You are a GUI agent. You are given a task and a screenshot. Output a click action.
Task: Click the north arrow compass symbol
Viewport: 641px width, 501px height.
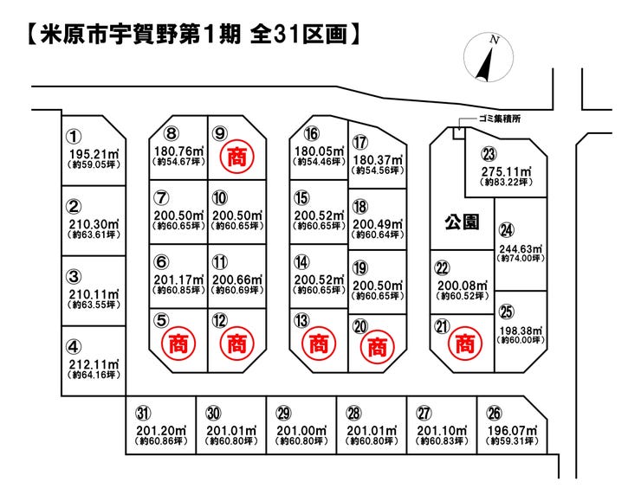488,57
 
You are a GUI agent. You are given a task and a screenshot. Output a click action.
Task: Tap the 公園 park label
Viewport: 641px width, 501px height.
462,222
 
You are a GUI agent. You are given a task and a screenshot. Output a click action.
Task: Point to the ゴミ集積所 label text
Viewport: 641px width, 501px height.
500,119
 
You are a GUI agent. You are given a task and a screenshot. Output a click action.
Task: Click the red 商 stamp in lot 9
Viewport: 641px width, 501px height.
237,157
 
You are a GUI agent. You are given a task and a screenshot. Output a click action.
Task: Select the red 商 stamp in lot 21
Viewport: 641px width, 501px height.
465,344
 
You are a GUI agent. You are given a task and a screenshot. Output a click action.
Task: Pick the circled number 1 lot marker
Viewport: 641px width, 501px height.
74,137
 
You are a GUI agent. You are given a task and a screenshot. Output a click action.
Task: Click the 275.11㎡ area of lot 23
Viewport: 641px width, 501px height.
507,171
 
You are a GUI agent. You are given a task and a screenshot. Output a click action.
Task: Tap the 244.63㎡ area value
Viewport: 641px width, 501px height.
521,249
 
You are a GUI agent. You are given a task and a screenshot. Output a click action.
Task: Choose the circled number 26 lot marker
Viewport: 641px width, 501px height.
495,414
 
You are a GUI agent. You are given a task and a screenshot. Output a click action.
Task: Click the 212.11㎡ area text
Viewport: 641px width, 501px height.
94,364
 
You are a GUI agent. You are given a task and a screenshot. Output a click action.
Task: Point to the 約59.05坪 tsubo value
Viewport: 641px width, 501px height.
94,164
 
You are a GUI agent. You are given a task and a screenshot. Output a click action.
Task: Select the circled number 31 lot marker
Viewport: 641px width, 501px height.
143,414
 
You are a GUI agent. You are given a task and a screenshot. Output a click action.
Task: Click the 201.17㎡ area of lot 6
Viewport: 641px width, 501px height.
178,279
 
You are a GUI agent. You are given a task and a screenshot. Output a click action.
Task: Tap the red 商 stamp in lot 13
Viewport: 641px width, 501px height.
319,344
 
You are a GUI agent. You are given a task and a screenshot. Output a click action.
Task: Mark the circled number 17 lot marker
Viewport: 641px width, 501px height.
360,143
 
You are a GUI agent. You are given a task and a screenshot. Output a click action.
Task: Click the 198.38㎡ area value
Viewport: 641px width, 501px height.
521,331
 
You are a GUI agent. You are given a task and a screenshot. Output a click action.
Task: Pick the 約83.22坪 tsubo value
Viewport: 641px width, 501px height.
507,182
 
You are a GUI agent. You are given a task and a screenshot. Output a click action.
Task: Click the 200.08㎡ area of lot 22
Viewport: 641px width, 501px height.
463,286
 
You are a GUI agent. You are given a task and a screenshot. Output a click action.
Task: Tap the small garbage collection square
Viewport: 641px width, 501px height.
459,133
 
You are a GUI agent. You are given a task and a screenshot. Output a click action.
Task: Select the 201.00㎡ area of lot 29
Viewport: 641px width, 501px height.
301,431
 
